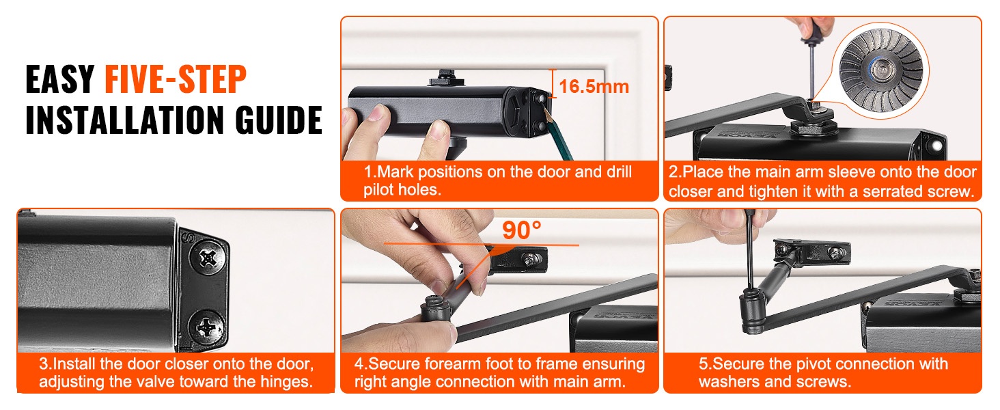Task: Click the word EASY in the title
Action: (60, 79)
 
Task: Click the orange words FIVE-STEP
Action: (176, 79)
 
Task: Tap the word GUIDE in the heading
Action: (279, 120)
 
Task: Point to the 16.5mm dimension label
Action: (594, 86)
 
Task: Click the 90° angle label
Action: (521, 230)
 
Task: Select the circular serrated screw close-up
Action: (880, 71)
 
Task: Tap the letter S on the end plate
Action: (189, 238)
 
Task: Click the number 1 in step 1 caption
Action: (368, 172)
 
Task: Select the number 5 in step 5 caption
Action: (703, 364)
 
